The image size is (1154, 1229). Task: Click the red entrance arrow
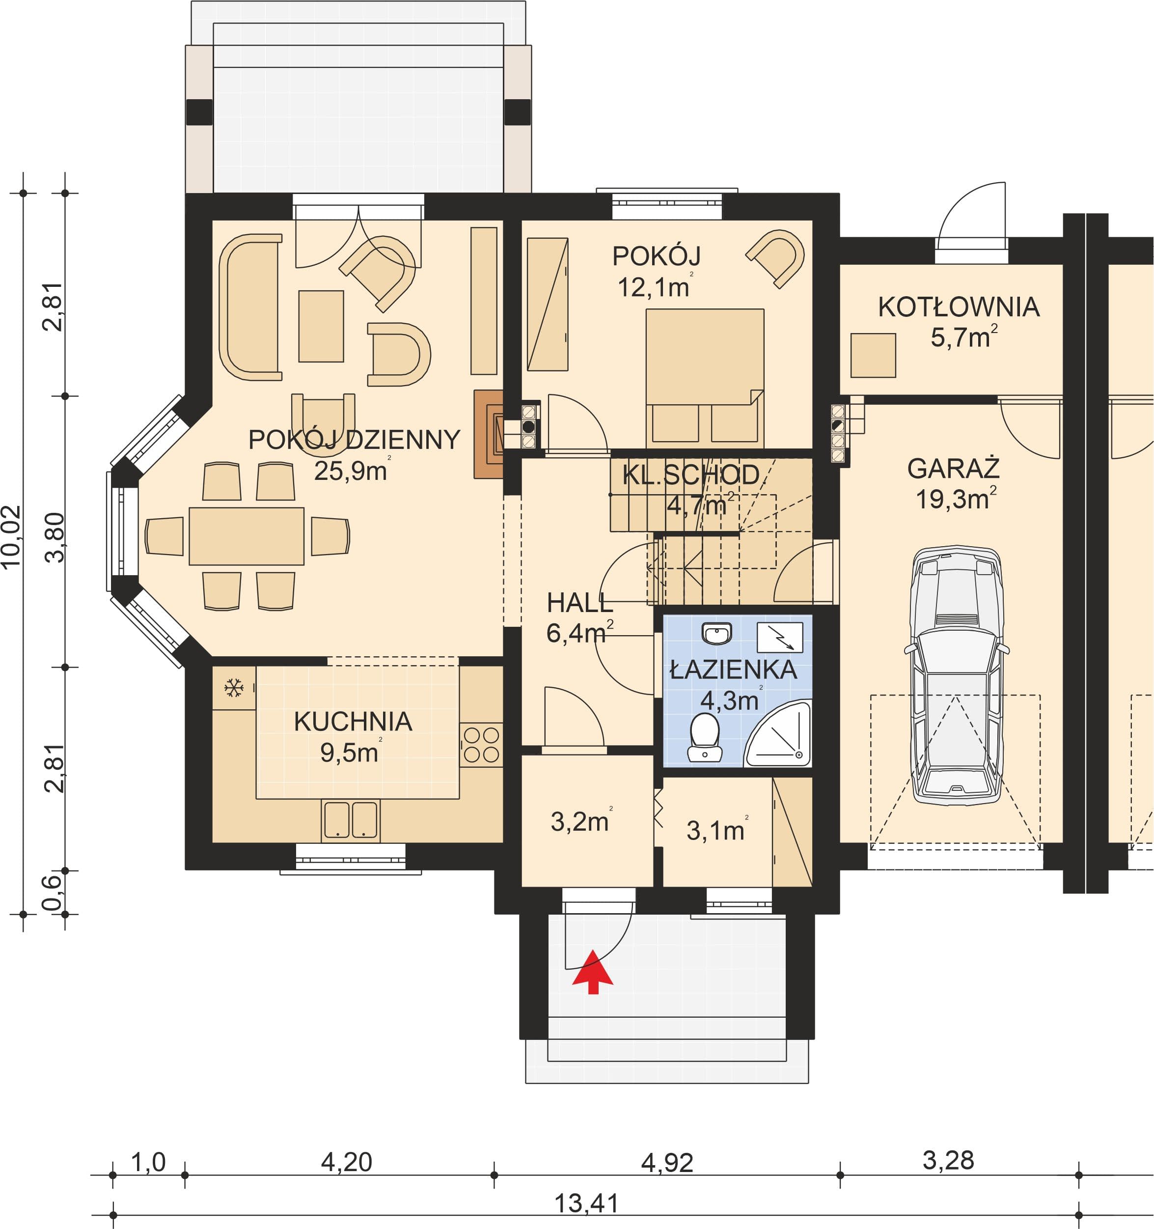(593, 971)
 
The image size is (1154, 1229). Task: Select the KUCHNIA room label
(353, 722)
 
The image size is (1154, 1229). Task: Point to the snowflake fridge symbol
(234, 688)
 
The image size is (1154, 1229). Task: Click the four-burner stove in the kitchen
(481, 745)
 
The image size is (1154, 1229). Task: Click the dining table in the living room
(247, 536)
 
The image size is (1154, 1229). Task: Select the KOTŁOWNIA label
(959, 307)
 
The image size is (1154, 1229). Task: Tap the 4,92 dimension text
(667, 1163)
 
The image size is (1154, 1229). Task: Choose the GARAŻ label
(953, 469)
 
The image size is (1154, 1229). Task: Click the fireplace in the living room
(488, 434)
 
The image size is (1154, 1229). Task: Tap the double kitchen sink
(351, 820)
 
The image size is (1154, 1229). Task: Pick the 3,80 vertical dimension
(55, 537)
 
